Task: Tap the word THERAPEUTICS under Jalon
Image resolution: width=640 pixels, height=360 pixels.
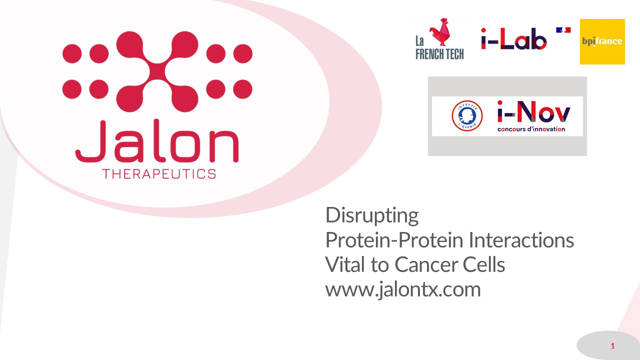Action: point(159,174)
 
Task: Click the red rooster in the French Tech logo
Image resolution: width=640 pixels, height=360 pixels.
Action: point(440,31)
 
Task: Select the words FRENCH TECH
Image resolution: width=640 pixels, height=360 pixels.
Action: point(439,54)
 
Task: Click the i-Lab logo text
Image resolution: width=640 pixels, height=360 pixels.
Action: point(513,39)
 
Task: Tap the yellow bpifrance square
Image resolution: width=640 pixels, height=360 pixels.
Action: point(602,41)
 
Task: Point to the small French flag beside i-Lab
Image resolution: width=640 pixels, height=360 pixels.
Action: point(563,30)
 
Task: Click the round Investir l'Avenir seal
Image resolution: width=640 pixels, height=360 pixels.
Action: point(467,115)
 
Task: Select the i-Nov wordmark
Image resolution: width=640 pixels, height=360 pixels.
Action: point(533,111)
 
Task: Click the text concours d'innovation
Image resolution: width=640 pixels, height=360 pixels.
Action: point(531,129)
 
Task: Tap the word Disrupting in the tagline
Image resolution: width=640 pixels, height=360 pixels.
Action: point(372,215)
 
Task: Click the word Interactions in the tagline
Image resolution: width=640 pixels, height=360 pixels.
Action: point(521,240)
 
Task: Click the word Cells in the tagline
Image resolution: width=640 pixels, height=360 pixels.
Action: point(483,264)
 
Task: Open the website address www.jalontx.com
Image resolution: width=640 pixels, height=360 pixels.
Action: point(403,289)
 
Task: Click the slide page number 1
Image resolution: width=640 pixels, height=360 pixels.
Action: point(612,346)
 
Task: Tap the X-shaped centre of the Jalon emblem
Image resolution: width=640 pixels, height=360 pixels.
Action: point(157,71)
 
